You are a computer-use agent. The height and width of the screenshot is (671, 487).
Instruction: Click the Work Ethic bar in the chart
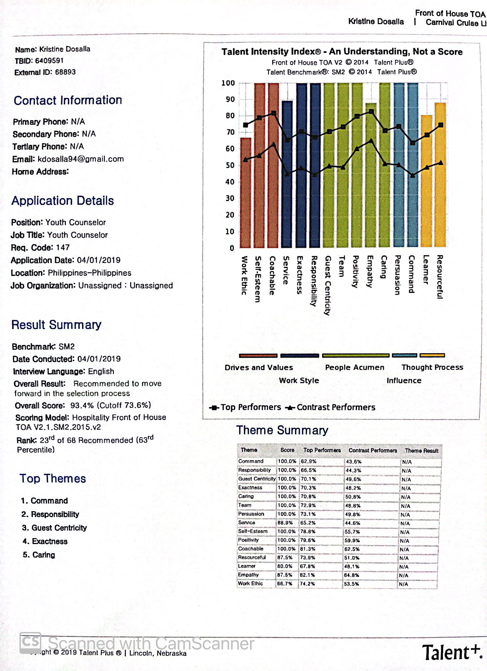tap(245, 192)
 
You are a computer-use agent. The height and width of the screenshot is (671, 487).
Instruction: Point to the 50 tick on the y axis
tap(230, 165)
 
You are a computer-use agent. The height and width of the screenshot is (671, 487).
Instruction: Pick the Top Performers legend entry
tap(245, 407)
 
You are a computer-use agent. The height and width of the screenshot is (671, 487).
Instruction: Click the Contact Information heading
tap(68, 100)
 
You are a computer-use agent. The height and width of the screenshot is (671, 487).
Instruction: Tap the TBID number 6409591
tap(49, 61)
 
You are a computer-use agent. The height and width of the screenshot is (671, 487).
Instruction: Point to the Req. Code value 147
tap(63, 247)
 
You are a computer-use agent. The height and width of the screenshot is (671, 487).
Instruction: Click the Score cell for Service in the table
tap(285, 523)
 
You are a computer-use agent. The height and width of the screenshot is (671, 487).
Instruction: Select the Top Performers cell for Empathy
tap(308, 575)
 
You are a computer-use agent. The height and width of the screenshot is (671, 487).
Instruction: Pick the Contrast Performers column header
tap(373, 450)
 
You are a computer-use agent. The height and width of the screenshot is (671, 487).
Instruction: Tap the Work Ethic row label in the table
tap(250, 584)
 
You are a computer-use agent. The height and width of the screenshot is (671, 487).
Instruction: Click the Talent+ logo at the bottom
tap(452, 652)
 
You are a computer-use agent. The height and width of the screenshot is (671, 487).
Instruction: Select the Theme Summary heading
tap(282, 430)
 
